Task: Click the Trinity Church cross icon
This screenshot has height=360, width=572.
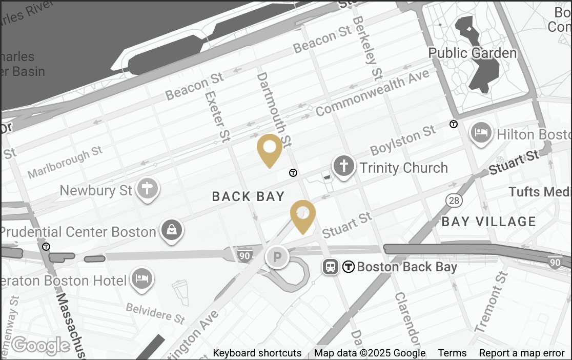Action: point(345,167)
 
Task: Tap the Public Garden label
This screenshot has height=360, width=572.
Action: point(472,53)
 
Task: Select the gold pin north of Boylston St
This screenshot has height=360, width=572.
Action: point(270,148)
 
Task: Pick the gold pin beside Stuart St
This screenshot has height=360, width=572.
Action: point(303,214)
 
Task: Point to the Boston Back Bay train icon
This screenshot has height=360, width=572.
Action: point(331,267)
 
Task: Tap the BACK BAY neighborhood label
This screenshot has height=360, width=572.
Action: point(248,196)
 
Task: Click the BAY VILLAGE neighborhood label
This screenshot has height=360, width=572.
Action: point(488,222)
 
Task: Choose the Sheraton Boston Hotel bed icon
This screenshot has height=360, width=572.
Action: point(141,279)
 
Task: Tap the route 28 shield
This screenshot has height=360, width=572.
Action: point(453,199)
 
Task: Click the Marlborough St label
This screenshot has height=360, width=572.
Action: point(65,163)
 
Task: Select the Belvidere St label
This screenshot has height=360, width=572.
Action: point(155,312)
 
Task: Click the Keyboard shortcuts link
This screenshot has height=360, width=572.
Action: point(257,353)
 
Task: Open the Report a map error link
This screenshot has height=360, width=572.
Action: point(521,353)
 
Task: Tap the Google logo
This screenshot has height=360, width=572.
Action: point(41,346)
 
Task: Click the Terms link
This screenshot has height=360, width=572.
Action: point(452,353)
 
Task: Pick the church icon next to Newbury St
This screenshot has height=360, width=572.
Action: point(148,189)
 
